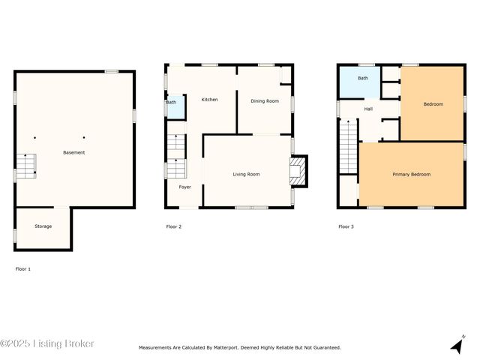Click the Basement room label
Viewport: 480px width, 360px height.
click(74, 152)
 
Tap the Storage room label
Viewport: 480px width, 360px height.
click(43, 226)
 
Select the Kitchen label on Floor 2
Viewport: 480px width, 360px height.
click(209, 99)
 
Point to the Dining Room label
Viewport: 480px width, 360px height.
click(264, 100)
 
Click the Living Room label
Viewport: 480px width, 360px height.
click(246, 174)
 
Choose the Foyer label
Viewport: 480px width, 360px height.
click(184, 187)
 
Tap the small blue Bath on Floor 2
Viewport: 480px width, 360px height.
click(173, 106)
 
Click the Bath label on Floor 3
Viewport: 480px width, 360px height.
click(362, 78)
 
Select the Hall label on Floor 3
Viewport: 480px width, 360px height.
click(368, 109)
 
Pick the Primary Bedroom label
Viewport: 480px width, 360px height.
click(412, 174)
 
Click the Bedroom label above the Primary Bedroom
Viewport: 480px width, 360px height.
click(433, 104)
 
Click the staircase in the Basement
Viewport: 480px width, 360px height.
click(25, 166)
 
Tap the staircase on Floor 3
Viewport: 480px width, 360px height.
click(348, 148)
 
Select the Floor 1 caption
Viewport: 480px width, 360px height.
click(23, 268)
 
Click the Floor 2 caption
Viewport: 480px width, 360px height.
click(173, 226)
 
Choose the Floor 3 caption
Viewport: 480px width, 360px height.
click(346, 226)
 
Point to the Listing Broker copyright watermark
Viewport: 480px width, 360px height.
click(47, 343)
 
